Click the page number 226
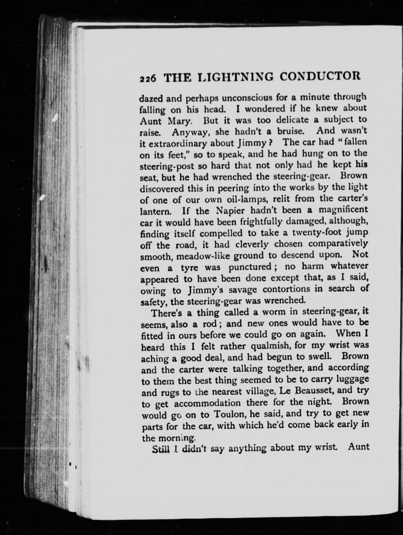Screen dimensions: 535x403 pyautogui.click(x=148, y=79)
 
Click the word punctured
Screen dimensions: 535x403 pyautogui.click(x=250, y=267)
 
